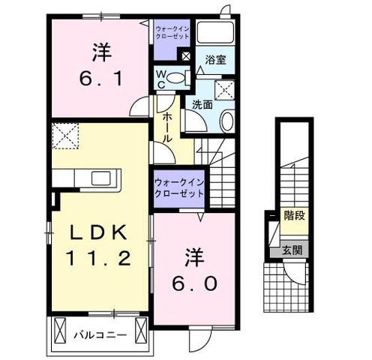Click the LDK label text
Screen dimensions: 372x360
click(x=98, y=232)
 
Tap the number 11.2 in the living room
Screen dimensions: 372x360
click(x=98, y=258)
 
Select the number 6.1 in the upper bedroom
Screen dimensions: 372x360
click(x=101, y=78)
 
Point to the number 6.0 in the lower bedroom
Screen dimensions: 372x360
click(x=194, y=283)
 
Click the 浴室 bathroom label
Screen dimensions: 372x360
click(x=215, y=60)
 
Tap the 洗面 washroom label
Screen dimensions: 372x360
click(x=202, y=105)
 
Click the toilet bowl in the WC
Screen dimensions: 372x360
click(x=176, y=78)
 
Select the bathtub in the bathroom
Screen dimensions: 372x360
click(x=215, y=32)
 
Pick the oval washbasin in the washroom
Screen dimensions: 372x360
click(x=227, y=121)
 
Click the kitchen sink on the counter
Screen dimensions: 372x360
click(x=100, y=178)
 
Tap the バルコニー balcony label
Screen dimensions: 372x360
click(x=100, y=334)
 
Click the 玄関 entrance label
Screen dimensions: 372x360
click(x=292, y=250)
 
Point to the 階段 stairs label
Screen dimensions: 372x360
click(x=294, y=215)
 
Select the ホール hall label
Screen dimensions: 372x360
click(x=166, y=127)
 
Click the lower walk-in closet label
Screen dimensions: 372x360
click(x=179, y=188)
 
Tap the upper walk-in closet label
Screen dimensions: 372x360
click(x=172, y=33)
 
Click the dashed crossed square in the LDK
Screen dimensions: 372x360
click(x=65, y=136)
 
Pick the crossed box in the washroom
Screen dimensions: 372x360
click(x=224, y=90)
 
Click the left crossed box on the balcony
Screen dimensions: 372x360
click(x=60, y=330)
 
